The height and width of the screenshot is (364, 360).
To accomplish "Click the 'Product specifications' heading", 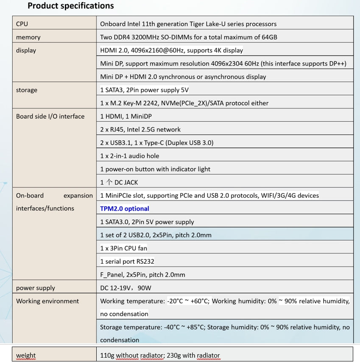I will point(70,6).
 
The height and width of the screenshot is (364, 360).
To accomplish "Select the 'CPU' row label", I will point(22,24).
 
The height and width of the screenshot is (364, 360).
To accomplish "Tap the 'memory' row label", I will point(28,37).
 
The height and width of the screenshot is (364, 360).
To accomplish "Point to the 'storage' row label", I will point(27,90).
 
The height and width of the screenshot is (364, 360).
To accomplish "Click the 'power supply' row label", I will point(36,288).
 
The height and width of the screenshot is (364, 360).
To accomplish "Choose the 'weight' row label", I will point(26,355).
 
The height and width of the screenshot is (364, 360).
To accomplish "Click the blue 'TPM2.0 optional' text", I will point(125,208).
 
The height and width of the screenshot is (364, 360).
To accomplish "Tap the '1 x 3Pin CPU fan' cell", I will point(124,248).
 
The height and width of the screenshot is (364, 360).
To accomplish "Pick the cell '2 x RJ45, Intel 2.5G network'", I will point(140,130).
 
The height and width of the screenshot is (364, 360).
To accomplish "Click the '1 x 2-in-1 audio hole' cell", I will point(130,156).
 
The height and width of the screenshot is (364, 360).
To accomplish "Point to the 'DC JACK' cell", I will point(119,182).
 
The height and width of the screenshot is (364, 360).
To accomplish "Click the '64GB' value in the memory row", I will point(268,37).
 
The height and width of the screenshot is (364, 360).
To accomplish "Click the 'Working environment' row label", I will point(47,301).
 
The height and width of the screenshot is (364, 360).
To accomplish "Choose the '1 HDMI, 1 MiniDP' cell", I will point(128,117).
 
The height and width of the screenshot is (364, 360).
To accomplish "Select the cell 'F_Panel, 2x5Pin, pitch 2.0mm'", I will point(142,275).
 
